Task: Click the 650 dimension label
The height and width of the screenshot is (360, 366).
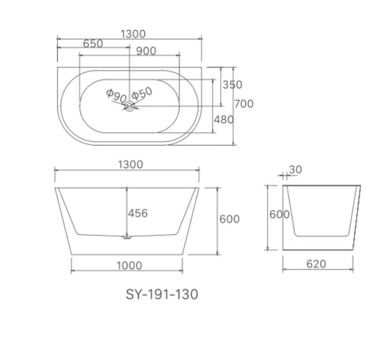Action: (x=93, y=44)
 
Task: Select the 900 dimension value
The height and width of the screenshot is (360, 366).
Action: (x=146, y=51)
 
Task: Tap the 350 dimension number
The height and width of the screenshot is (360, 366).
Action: (x=232, y=85)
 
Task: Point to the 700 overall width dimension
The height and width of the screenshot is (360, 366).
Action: (x=244, y=104)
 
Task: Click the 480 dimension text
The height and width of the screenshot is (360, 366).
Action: (x=224, y=120)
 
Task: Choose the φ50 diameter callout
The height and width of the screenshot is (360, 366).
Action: (x=141, y=93)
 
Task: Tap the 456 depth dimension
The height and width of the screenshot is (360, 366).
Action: (x=138, y=213)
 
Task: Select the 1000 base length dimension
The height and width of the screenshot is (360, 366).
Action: (x=129, y=265)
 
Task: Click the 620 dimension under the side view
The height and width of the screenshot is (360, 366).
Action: (x=316, y=264)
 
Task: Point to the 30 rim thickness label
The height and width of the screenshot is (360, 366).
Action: (x=295, y=169)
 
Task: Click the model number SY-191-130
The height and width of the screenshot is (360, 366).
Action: (x=162, y=294)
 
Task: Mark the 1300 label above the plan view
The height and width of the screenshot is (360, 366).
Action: (x=133, y=34)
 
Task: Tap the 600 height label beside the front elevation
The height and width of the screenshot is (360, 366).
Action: (x=229, y=219)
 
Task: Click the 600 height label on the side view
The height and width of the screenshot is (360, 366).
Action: (x=279, y=214)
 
